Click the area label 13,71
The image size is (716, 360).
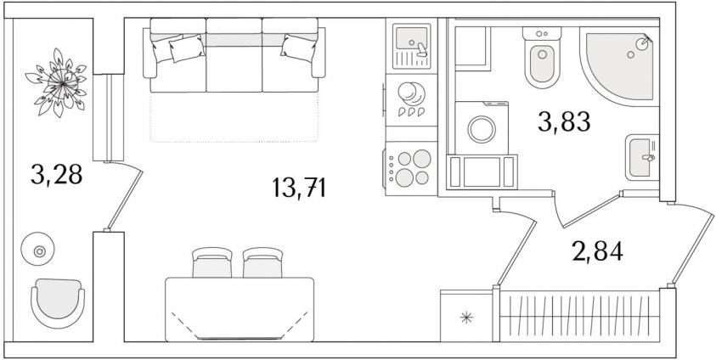[x=299, y=188]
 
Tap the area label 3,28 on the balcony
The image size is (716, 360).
[x=57, y=174]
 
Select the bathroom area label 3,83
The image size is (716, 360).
[x=565, y=121]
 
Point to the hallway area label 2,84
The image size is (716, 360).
[x=597, y=251]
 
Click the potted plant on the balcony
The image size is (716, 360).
[x=57, y=83]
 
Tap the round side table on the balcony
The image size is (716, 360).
[x=38, y=249]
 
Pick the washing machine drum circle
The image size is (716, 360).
[x=482, y=129]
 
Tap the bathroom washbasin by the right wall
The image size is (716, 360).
[x=642, y=157]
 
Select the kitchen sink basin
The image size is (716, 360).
[x=411, y=37]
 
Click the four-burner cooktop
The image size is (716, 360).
[x=411, y=168]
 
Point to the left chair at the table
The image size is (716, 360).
[x=211, y=263]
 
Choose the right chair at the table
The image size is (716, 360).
[x=262, y=263]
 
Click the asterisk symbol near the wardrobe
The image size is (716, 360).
[x=466, y=318]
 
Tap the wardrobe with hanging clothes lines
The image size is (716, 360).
[x=579, y=316]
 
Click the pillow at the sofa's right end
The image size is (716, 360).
[x=299, y=48]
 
